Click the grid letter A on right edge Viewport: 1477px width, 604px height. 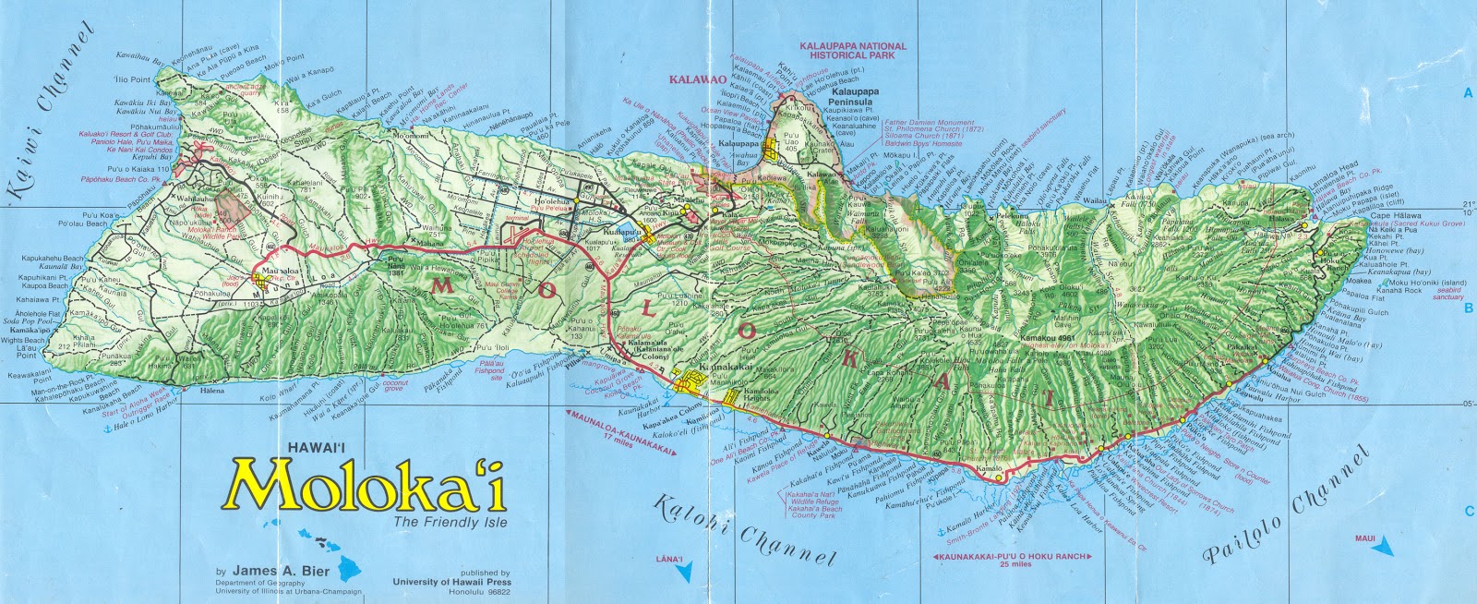click(1467, 92)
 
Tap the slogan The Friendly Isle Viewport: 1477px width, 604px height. click(450, 525)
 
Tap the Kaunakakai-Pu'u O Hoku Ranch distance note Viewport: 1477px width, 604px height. click(1012, 559)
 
